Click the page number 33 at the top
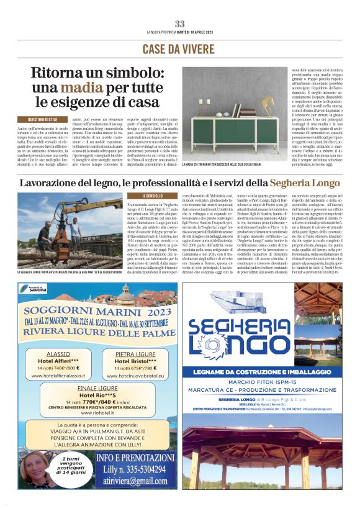[179, 24]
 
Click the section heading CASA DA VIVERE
[180, 49]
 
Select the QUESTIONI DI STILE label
[42, 119]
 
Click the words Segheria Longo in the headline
[305, 183]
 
